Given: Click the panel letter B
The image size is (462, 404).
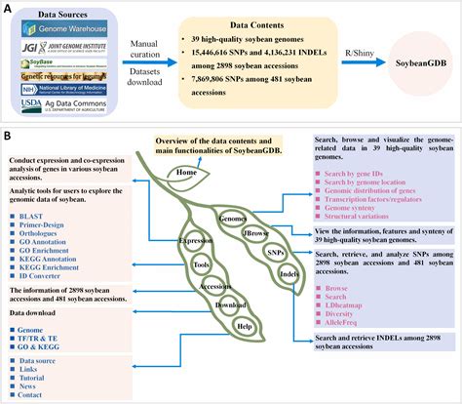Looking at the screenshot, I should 8,137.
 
